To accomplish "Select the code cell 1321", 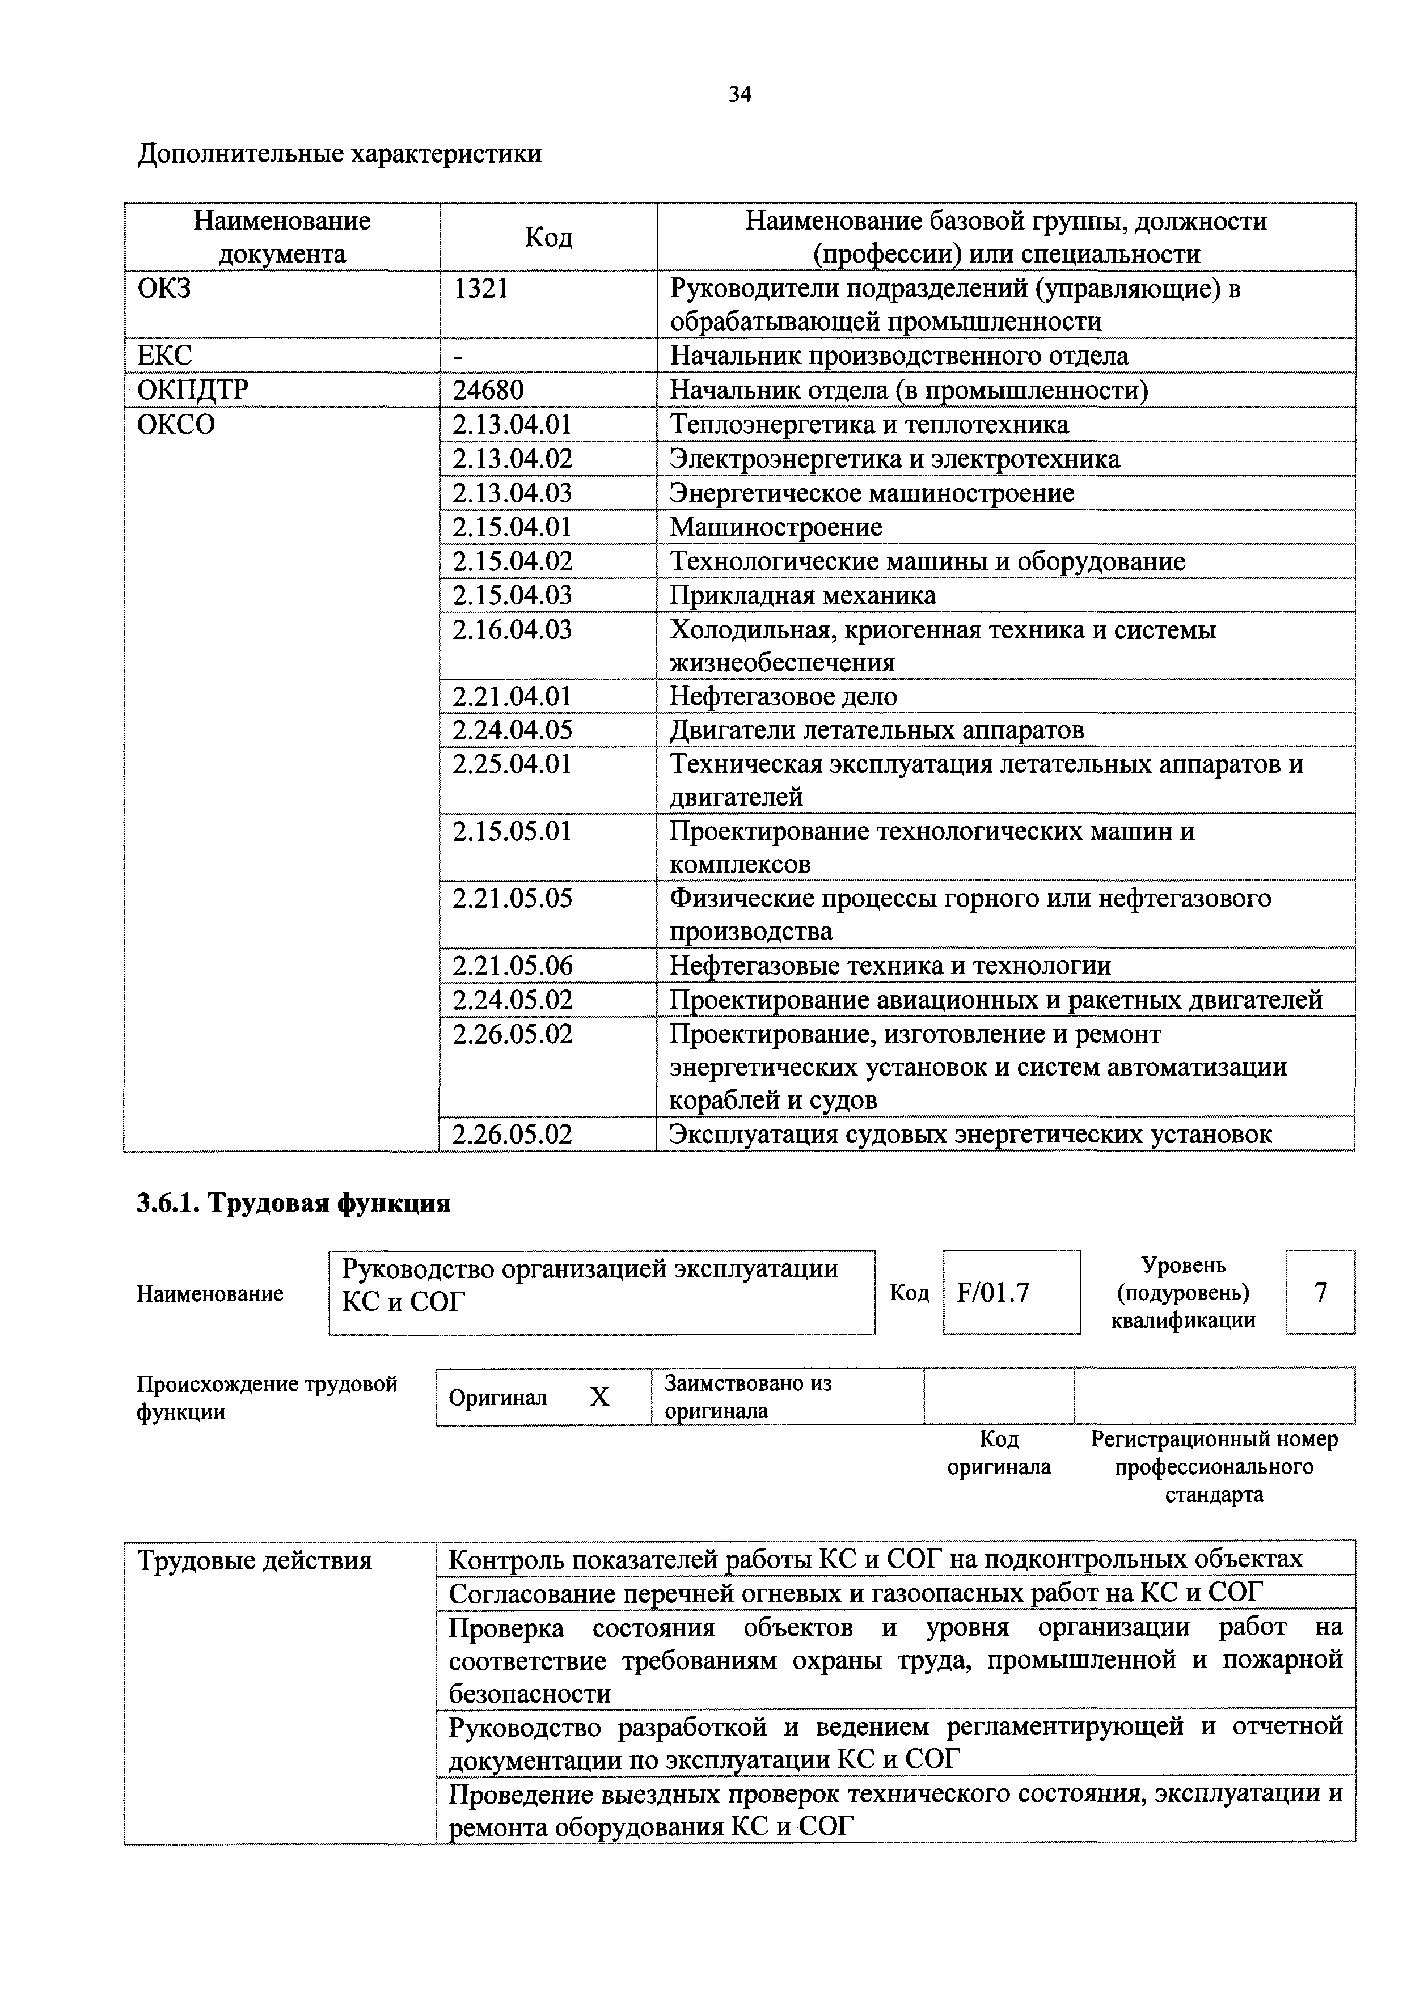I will click(x=481, y=289).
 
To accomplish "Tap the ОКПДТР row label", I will click(x=192, y=391).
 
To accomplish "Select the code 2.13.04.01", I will click(x=513, y=425).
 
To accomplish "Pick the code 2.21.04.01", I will click(x=513, y=696).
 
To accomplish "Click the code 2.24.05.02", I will click(x=513, y=1000).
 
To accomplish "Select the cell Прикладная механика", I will click(x=803, y=595).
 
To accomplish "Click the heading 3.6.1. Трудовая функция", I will click(x=294, y=1203).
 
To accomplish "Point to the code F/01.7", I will click(x=993, y=1293).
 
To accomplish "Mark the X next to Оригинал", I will click(x=599, y=1396).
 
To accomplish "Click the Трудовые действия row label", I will click(x=255, y=1561).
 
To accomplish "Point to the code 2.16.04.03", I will click(x=513, y=630).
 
